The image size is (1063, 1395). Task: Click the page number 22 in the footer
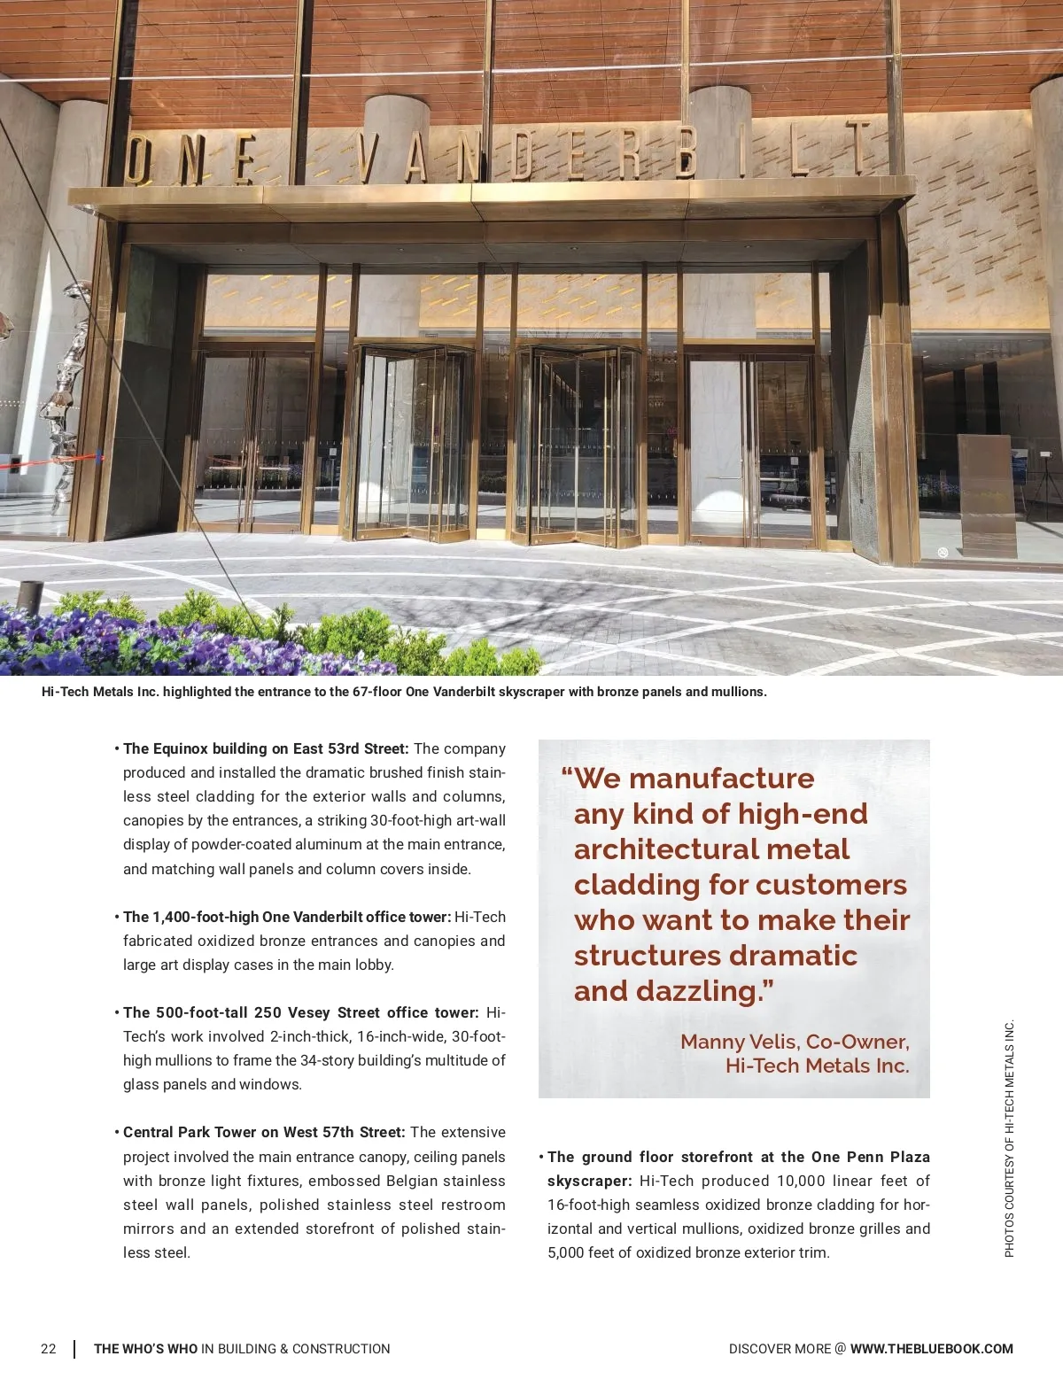click(x=48, y=1349)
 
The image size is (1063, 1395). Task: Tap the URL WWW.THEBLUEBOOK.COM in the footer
click(x=931, y=1349)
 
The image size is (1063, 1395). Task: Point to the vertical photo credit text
click(x=1009, y=1139)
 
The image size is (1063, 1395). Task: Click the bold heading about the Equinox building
click(x=266, y=748)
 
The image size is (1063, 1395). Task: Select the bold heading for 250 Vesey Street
click(x=301, y=1012)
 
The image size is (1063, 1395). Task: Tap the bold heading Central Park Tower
click(x=264, y=1132)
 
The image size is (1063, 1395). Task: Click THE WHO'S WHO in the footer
click(x=146, y=1349)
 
